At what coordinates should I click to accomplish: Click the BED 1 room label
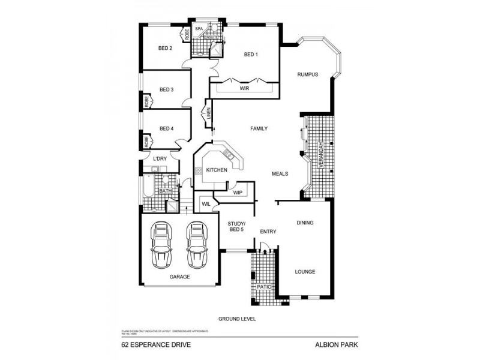point(251,55)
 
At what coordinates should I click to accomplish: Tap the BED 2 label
point(166,49)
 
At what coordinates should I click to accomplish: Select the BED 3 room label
point(166,90)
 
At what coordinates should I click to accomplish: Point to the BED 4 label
point(166,128)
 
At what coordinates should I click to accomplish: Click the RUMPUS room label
point(307,75)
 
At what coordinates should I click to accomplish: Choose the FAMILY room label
point(259,128)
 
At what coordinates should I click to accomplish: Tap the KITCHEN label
point(217,170)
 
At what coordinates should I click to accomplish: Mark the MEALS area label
point(280,173)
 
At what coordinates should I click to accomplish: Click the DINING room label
point(305,223)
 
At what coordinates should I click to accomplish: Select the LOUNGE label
point(305,272)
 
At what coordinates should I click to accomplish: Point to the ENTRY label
point(268,231)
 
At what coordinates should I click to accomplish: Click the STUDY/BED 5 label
point(236,226)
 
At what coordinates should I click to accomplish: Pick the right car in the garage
point(196,245)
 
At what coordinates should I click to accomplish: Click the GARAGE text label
point(179,277)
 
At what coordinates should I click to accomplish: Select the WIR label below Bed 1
point(244,88)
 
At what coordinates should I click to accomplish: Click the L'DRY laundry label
point(160,158)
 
